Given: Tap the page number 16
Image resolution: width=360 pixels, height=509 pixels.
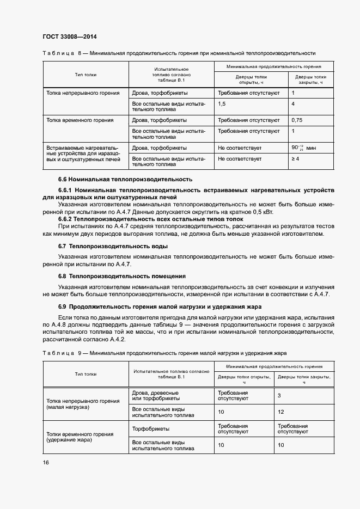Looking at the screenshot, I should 46,462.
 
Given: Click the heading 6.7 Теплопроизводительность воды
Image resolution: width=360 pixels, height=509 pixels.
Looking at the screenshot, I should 113,247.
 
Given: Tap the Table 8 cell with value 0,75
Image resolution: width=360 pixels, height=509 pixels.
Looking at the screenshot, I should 297,120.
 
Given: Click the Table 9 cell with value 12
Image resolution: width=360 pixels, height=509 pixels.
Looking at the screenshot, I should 281,412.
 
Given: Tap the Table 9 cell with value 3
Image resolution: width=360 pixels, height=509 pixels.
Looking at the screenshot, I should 279,395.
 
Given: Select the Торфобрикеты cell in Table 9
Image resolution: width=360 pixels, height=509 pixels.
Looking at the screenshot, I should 150,429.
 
